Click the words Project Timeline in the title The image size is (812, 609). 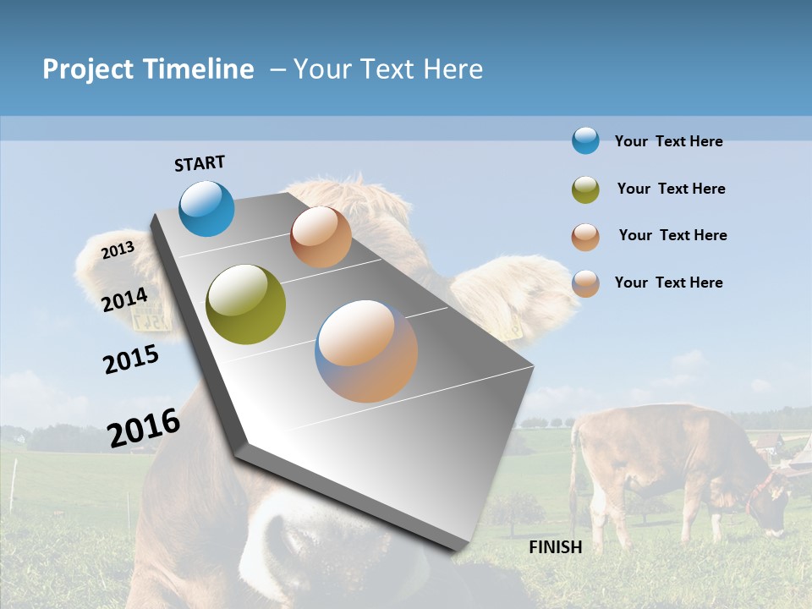click(x=148, y=69)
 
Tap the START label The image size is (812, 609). click(x=200, y=163)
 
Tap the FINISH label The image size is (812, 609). click(x=556, y=547)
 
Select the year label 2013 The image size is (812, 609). click(x=118, y=250)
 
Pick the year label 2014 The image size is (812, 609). click(x=125, y=299)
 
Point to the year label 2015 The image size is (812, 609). click(x=131, y=359)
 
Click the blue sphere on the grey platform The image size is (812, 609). click(x=207, y=208)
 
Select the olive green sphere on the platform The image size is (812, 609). click(x=246, y=304)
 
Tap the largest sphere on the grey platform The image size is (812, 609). click(x=366, y=351)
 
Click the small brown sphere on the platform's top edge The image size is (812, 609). click(x=321, y=237)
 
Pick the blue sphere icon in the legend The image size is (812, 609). click(x=585, y=140)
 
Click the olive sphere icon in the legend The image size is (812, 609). click(x=585, y=189)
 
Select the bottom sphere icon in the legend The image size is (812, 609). click(x=585, y=283)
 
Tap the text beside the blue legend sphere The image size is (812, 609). click(x=668, y=141)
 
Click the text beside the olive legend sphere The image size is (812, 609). click(x=671, y=189)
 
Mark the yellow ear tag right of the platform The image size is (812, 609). click(x=511, y=326)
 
